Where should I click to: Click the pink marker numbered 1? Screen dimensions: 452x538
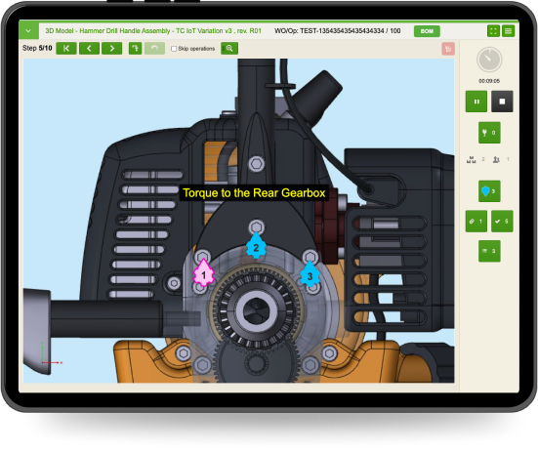pyautogui.click(x=203, y=273)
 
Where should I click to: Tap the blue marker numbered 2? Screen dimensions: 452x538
pyautogui.click(x=256, y=246)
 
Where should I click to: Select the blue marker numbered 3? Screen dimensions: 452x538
pyautogui.click(x=310, y=274)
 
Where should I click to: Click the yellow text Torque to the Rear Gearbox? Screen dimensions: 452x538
pyautogui.click(x=254, y=193)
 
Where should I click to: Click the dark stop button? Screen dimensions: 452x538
pyautogui.click(x=502, y=101)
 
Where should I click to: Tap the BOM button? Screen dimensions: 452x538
pyautogui.click(x=427, y=31)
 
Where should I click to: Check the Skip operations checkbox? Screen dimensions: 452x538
pyautogui.click(x=174, y=48)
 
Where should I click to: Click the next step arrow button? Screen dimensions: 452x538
pyautogui.click(x=112, y=48)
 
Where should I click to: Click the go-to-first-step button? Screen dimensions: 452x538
pyautogui.click(x=66, y=48)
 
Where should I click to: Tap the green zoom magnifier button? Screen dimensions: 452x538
pyautogui.click(x=229, y=48)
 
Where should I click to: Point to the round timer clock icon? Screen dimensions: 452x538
pyautogui.click(x=489, y=60)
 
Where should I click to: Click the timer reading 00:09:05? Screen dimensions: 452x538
pyautogui.click(x=489, y=80)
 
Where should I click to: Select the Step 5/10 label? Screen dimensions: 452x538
pyautogui.click(x=37, y=48)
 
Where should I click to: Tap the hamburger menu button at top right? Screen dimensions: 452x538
pyautogui.click(x=509, y=31)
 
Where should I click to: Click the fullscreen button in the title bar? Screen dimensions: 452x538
pyautogui.click(x=492, y=31)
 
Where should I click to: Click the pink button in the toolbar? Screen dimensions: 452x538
pyautogui.click(x=448, y=48)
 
